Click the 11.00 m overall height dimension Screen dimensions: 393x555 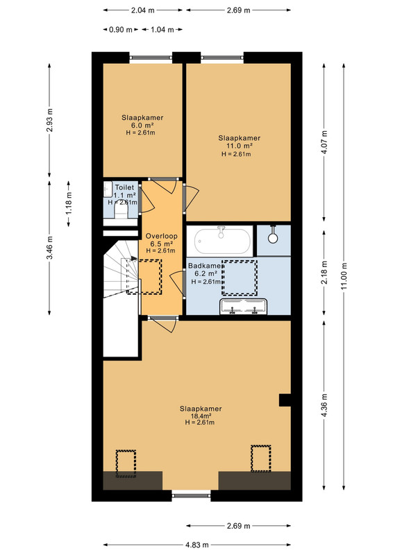coord(343,276)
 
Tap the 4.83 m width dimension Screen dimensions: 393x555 coord(197,545)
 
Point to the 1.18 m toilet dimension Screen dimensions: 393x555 coord(69,203)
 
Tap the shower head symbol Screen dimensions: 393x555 coord(272,235)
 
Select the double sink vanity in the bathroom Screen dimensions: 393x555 coord(244,307)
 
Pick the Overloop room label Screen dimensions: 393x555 coord(162,236)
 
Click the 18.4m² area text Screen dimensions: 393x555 coord(201,416)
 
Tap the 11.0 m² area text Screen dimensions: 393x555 coord(239,146)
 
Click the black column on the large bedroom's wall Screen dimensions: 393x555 coord(285,400)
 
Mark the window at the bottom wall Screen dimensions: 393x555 coord(192,495)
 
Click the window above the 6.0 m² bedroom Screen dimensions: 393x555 coord(151,57)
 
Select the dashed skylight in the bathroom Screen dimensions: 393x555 coord(240,278)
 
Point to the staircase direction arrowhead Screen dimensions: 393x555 coord(133,258)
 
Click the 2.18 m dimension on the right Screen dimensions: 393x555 coord(324,272)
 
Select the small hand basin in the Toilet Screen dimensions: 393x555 coord(108,189)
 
